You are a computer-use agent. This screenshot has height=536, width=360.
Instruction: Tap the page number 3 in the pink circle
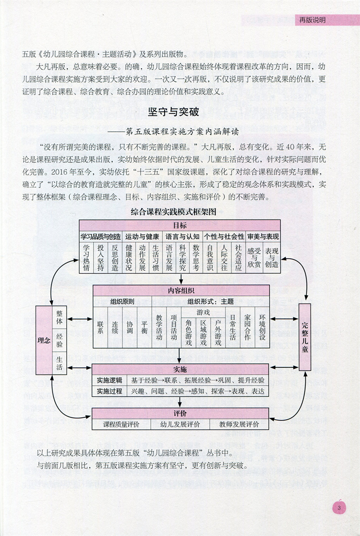339,508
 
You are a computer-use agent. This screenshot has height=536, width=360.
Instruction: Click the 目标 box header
180,225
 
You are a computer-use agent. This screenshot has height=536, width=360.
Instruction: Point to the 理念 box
43,340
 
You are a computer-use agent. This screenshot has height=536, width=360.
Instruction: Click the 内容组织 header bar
180,291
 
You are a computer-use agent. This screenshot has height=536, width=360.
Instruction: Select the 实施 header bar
180,369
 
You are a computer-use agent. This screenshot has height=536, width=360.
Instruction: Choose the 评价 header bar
180,413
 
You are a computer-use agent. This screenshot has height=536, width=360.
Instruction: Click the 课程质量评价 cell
120,425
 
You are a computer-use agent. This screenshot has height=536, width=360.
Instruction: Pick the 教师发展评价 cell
239,425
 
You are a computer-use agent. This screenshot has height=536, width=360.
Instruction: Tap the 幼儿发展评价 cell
180,425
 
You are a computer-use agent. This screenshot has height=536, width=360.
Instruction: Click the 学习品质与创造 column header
100,236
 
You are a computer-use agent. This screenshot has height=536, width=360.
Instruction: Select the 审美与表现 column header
263,236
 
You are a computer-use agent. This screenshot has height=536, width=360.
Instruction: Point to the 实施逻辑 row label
109,380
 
